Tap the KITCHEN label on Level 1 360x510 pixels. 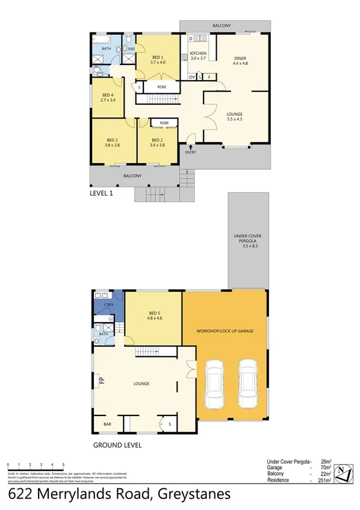198,54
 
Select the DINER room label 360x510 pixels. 240,58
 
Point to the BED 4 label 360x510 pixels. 108,95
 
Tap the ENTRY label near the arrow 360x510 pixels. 191,152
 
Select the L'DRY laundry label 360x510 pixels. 108,305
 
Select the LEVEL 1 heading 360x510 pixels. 101,194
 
